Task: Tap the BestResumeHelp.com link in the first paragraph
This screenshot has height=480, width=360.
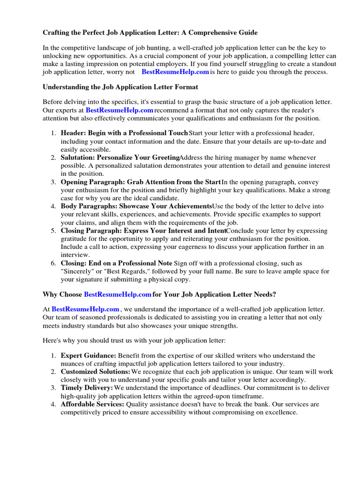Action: pyautogui.click(x=175, y=72)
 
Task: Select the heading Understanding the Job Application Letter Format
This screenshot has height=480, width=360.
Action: pyautogui.click(x=120, y=87)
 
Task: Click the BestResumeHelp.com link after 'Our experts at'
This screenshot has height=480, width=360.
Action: pyautogui.click(x=120, y=110)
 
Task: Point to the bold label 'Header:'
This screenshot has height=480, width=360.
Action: pyautogui.click(x=74, y=133)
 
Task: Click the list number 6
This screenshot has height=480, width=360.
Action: pyautogui.click(x=53, y=263)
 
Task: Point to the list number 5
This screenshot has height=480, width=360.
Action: pyautogui.click(x=53, y=231)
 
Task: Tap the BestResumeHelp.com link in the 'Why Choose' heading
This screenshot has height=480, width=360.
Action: pyautogui.click(x=118, y=294)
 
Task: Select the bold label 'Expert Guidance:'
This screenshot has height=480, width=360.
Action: pyautogui.click(x=89, y=356)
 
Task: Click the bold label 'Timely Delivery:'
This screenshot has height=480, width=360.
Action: pyautogui.click(x=87, y=388)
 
